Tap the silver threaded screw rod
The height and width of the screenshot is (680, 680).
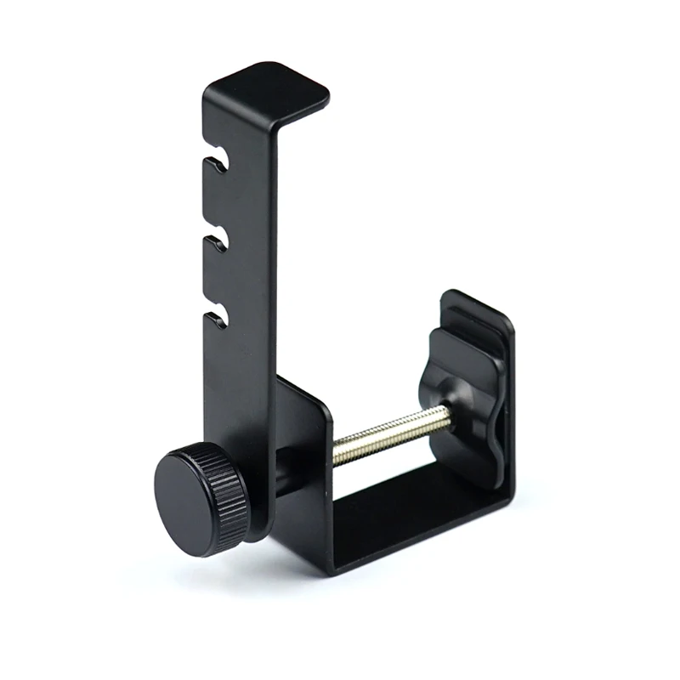point(391,433)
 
